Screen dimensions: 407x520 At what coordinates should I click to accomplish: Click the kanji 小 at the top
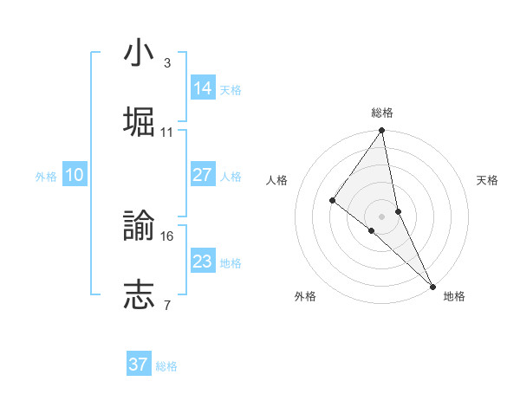point(139,53)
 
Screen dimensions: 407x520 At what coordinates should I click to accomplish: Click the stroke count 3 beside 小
point(166,63)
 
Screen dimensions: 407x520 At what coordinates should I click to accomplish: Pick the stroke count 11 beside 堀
point(167,132)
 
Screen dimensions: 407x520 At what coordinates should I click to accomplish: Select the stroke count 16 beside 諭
point(167,236)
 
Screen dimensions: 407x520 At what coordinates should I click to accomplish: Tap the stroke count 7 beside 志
point(166,305)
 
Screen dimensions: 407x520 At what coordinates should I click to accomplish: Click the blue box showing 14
point(203,87)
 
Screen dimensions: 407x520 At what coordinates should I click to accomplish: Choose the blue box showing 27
point(203,175)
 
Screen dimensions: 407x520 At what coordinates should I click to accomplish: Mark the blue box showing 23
point(203,261)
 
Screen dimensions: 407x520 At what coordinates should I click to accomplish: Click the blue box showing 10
point(75,175)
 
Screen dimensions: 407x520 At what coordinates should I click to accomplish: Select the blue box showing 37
point(139,365)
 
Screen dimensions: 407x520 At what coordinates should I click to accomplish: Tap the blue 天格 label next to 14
point(231,89)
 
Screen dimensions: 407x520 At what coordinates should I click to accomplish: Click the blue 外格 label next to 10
point(46,177)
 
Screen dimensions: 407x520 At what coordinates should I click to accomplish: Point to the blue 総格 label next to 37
point(166,366)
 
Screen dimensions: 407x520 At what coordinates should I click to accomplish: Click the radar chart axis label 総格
point(382,113)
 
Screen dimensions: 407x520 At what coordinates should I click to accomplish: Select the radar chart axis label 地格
point(454,296)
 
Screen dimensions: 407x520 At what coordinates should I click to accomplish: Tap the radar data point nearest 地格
point(432,284)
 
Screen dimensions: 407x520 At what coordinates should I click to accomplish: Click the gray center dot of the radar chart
point(381,216)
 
